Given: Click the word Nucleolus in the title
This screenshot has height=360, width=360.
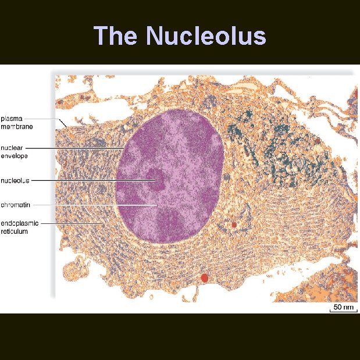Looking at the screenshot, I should tap(206, 36).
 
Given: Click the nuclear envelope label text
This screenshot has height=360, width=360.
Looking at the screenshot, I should tap(15, 152).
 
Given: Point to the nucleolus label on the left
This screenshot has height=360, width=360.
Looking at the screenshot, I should tap(15, 180).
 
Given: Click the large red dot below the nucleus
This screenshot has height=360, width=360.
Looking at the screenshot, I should tap(204, 279).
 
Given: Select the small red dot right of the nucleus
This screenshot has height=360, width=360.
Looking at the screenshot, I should tap(234, 224).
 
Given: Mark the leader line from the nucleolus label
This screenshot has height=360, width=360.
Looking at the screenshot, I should tap(87, 180).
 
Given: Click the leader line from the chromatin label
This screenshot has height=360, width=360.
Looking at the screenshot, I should tap(87, 205).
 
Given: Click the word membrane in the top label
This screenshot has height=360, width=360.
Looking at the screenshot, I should tap(17, 126).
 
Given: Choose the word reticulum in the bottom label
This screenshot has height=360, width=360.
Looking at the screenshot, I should tap(15, 231).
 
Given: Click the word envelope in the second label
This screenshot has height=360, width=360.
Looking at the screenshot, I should tap(15, 155).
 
